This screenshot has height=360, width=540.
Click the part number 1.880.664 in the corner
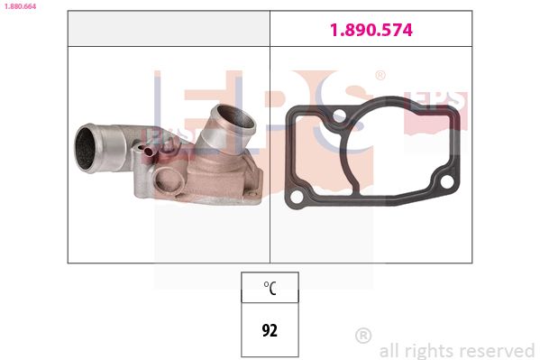pyautogui.click(x=19, y=5)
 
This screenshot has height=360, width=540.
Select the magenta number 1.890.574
pyautogui.click(x=371, y=30)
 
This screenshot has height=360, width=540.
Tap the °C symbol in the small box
pyautogui.click(x=269, y=289)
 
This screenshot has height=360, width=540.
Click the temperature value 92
pyautogui.click(x=269, y=329)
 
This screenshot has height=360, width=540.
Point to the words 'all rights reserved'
pyautogui.click(x=457, y=350)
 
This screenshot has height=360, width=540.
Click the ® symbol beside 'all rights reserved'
pyautogui.click(x=363, y=336)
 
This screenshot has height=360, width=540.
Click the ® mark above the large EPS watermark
pyautogui.click(x=380, y=76)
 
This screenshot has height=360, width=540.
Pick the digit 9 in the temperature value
pyautogui.click(x=264, y=329)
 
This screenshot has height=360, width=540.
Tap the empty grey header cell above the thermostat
pyautogui.click(x=169, y=30)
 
